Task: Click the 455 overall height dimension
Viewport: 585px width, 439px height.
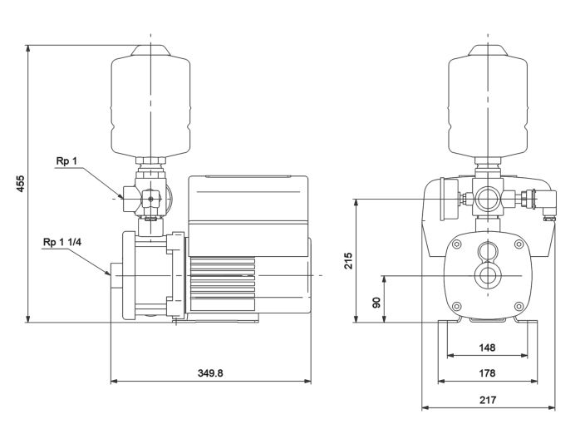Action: pos(19,182)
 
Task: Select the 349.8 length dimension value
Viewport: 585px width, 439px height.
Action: pos(210,372)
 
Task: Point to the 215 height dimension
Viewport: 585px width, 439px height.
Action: pos(349,259)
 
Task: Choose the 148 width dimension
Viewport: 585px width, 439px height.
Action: pos(487,347)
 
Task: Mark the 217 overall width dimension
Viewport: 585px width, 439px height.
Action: pos(487,400)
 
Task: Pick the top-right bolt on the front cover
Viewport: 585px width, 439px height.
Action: pos(519,244)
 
